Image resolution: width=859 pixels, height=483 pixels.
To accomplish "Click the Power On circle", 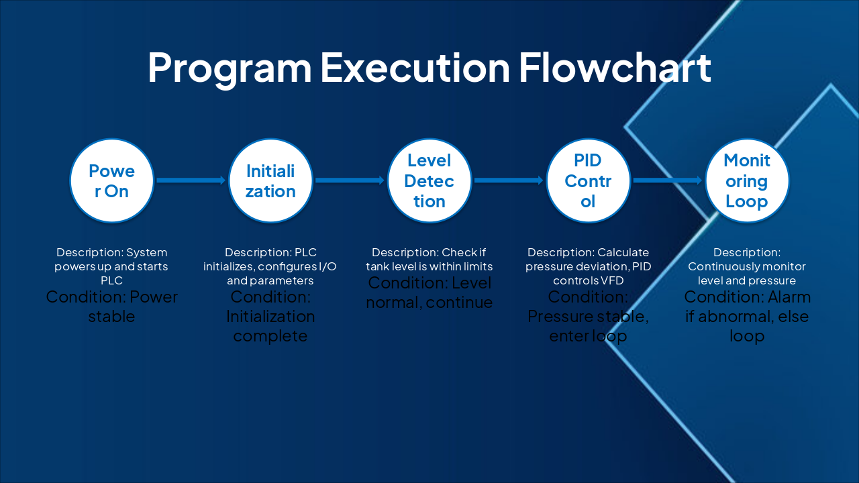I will pos(112,180).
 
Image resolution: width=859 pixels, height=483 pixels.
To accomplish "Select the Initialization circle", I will pos(270,180).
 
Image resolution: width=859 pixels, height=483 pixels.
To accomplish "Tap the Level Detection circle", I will pos(429,180).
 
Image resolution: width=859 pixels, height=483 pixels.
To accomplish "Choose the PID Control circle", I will pos(588,180).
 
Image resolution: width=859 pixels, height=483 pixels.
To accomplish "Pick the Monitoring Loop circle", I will pos(747,180).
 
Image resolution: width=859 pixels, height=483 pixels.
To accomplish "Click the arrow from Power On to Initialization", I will pos(191,180).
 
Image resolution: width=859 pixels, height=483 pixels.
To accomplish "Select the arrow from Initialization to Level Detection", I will pos(350,180).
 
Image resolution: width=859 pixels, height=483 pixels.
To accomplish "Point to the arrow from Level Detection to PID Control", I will pos(509,180).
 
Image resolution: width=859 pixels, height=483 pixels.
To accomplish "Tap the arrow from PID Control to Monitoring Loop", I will pos(667,180).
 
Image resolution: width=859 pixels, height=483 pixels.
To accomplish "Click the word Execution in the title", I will pos(415,67).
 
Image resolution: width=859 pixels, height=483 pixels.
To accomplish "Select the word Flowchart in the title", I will pos(614,67).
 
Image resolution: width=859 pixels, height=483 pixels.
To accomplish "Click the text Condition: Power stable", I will pos(112,307).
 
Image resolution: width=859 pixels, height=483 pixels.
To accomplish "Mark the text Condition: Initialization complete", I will pos(270,316).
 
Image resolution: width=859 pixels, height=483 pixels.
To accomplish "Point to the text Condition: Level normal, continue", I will pos(429,292).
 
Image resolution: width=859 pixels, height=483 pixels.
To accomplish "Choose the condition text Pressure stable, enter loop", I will pos(588,316).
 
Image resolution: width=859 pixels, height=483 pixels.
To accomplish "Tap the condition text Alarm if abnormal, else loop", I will pos(747,316).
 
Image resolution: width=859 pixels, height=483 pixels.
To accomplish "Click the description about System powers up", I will pos(112,266).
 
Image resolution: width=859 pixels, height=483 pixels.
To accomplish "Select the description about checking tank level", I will pos(429,260).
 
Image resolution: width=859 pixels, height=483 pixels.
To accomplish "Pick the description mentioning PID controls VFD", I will pos(588,266).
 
